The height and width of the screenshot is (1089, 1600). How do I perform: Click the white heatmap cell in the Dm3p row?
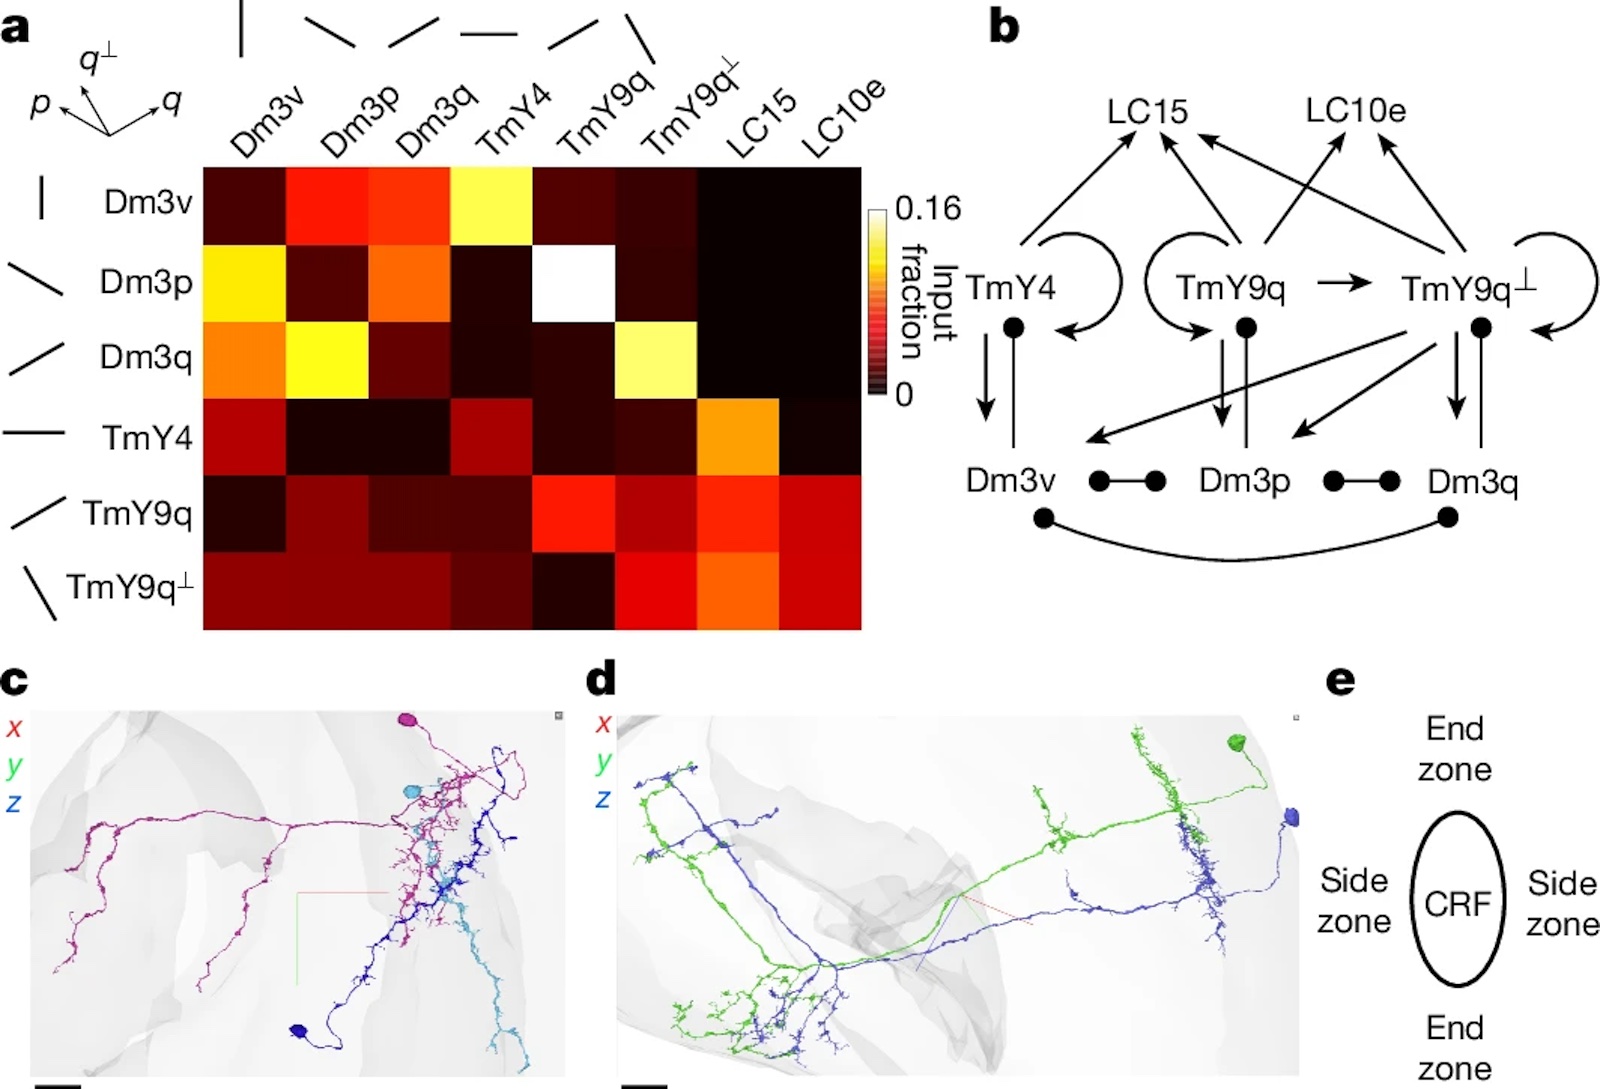[x=574, y=283]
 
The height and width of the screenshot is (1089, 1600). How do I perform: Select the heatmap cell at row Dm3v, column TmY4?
[x=491, y=206]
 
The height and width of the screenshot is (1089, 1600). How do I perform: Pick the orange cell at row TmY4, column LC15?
[x=738, y=437]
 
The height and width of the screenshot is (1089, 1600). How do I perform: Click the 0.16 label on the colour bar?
[x=928, y=209]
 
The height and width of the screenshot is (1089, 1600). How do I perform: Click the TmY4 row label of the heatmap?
[x=147, y=438]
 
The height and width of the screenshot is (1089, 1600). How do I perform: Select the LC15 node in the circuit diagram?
[x=1147, y=111]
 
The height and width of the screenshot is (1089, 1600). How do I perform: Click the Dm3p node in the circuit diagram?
[x=1244, y=481]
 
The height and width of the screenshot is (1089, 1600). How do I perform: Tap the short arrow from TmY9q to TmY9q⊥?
[x=1344, y=283]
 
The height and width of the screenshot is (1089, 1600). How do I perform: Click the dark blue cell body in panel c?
[x=299, y=1030]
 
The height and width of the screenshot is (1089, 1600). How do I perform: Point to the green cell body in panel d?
[x=1236, y=743]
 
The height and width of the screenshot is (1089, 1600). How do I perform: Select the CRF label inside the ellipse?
[x=1458, y=903]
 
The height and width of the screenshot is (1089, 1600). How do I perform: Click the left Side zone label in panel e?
[x=1354, y=901]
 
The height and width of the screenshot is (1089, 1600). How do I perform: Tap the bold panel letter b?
[x=1004, y=29]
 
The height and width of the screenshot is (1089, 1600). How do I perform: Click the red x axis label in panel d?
[x=604, y=724]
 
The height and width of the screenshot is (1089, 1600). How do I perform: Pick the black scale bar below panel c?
[x=58, y=1086]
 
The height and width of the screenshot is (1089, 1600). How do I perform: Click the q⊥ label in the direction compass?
[x=98, y=59]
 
